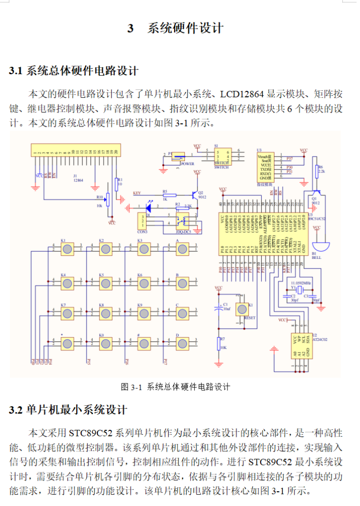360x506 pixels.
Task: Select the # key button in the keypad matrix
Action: [143, 343]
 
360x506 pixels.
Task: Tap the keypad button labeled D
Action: [182, 343]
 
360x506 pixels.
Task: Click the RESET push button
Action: [242, 309]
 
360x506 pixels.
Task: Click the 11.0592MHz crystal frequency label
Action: [298, 283]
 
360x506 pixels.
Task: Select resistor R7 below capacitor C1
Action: [219, 344]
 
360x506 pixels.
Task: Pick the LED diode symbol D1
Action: [147, 208]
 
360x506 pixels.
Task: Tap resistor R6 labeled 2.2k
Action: [316, 171]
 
